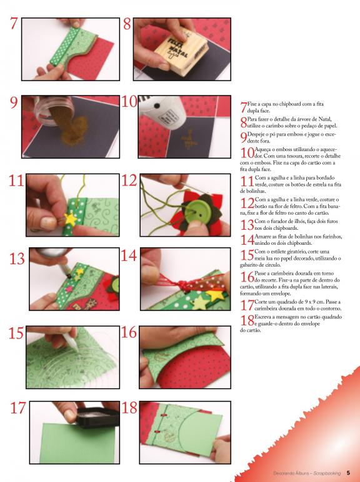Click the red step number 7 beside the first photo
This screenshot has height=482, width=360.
point(14,23)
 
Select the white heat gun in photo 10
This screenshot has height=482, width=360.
point(162,111)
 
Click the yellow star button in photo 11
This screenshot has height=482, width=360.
point(71,219)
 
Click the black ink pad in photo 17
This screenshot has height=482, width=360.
point(98,417)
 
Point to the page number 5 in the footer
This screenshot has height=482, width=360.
point(348,473)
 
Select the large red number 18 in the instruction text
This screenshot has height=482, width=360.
point(247,321)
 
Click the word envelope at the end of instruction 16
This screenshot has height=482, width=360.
point(281,293)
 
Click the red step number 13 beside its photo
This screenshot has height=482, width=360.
point(17,259)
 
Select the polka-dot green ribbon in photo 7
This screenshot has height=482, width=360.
point(64,46)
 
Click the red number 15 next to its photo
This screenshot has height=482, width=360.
point(16,333)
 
